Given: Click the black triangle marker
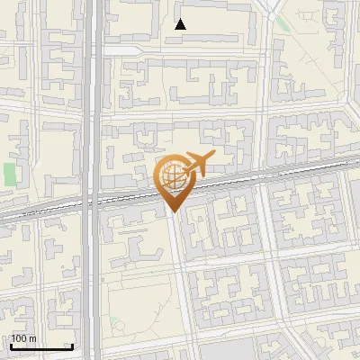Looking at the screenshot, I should (181, 24).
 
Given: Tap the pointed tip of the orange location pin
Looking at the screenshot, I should (171, 211).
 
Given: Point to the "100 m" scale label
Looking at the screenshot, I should (23, 338).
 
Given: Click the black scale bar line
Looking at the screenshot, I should (41, 346).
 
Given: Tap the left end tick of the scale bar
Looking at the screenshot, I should (11, 345).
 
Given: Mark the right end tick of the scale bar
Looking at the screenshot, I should (72, 345).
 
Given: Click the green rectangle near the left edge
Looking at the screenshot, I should (10, 174).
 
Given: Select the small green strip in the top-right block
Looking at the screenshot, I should (283, 23).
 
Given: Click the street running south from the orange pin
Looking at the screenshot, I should (181, 270).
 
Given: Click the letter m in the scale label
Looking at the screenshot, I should (31, 338).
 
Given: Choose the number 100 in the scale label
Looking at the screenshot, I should (19, 338).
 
